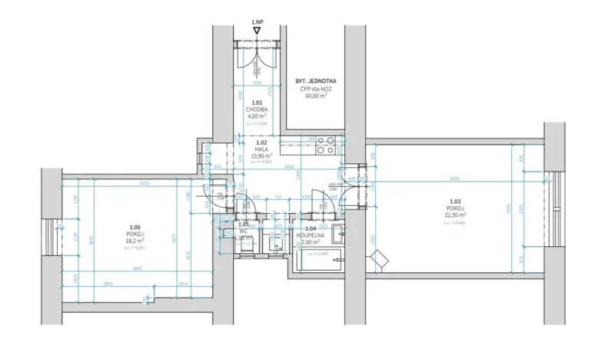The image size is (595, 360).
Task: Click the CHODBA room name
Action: pos(258,109)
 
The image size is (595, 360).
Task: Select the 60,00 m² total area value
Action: pos(316,96)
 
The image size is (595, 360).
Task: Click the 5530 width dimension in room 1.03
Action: pos(455,179)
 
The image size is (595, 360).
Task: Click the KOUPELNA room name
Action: pos(311,235)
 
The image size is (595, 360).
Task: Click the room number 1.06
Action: pos(135,227)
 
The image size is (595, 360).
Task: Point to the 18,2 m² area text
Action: pos(135,240)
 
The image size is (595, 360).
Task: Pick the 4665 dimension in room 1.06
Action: pos(136,268)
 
